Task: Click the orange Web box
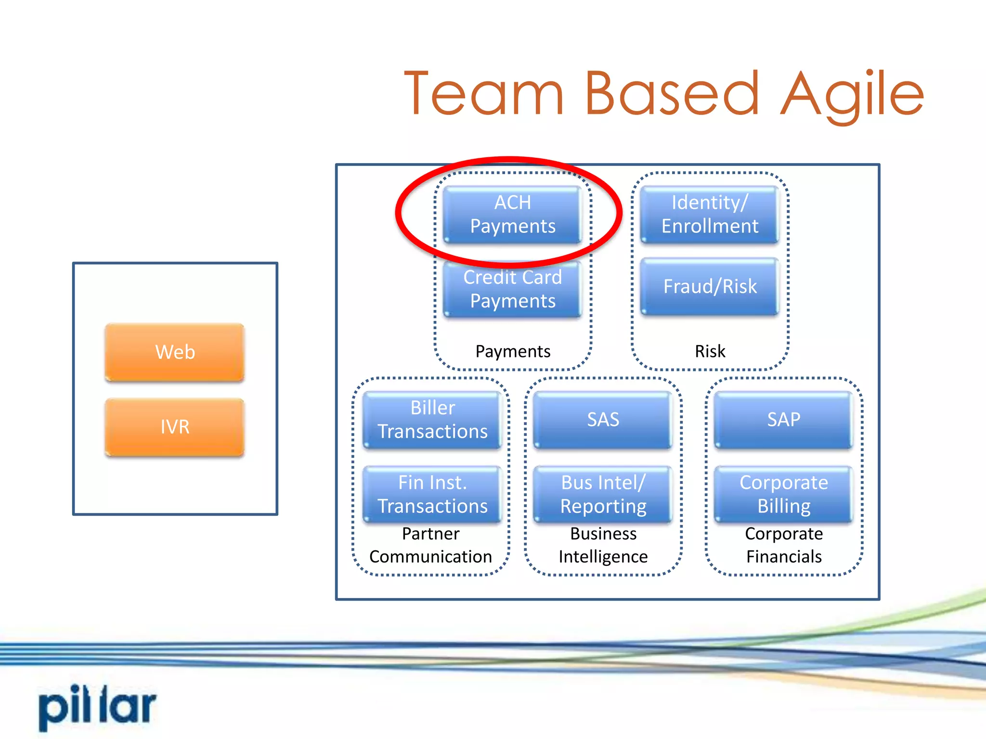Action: coord(175,352)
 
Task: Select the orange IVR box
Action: coord(175,427)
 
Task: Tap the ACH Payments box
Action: coord(512,215)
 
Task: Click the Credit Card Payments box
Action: coord(512,289)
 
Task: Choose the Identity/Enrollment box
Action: coord(710,215)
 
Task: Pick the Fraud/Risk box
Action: coord(710,287)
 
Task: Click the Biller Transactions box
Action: coord(432,420)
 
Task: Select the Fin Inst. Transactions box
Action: coord(432,494)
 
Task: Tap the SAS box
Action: coord(603,420)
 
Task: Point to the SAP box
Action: coord(783,420)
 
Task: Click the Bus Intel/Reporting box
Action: coord(603,494)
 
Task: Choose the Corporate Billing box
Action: coord(783,494)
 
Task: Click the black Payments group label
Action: coord(513,351)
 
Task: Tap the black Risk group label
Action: coord(710,351)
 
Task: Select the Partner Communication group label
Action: coord(430,545)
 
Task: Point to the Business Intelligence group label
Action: coord(603,545)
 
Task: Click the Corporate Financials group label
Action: coord(784,545)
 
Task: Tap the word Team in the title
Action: coord(484,94)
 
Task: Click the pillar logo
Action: coord(98,706)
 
